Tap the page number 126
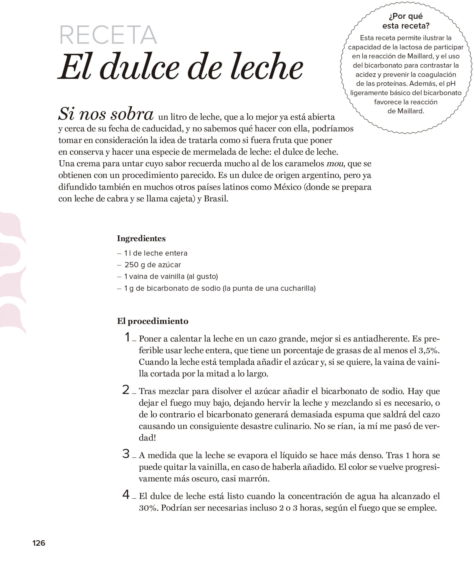[39, 543]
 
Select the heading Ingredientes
[141, 238]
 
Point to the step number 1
[127, 337]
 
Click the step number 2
[126, 390]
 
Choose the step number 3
[126, 454]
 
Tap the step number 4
[126, 494]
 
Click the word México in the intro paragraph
[287, 187]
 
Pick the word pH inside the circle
[451, 84]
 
